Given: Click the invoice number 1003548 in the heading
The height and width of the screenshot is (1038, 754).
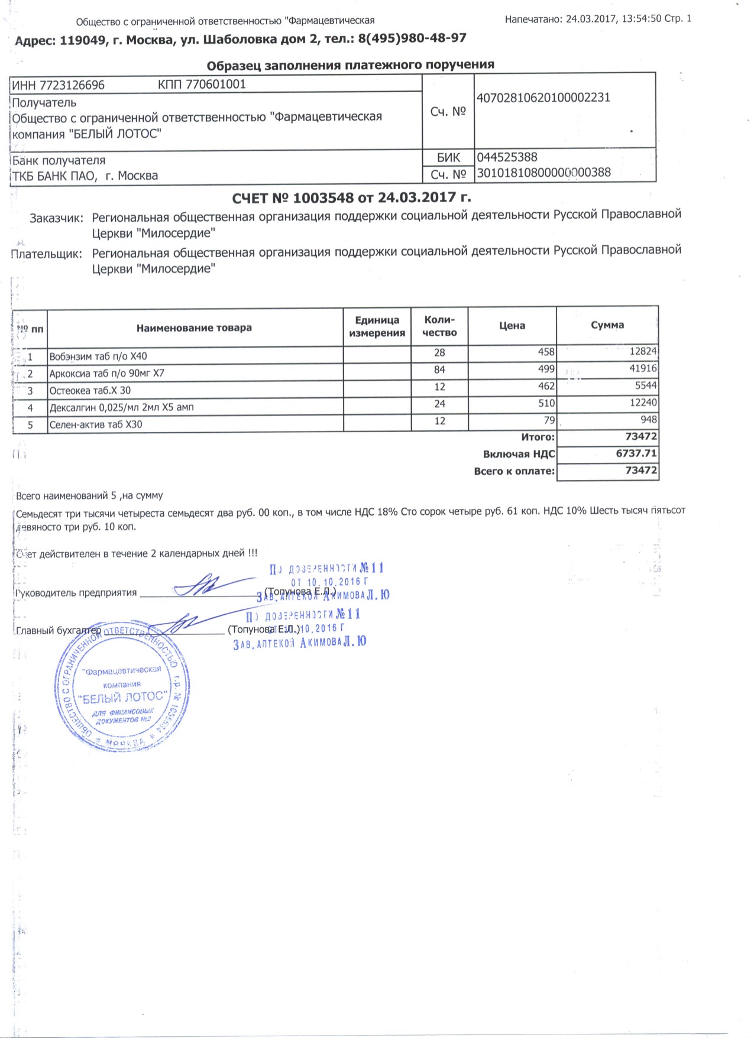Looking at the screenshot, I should (x=323, y=197).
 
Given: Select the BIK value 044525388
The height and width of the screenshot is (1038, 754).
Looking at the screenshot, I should (x=507, y=157).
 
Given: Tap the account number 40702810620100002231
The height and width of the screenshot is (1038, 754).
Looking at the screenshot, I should (x=543, y=98).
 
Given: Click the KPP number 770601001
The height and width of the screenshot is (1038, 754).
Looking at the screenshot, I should (x=215, y=84).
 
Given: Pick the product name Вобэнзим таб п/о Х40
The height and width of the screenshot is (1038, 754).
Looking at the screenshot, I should (x=98, y=356).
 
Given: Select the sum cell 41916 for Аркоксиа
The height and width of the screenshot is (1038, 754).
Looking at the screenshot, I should (x=643, y=368).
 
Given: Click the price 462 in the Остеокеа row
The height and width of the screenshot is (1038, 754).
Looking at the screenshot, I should (x=546, y=386).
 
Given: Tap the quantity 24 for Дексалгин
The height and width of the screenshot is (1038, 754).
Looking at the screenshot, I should (x=439, y=404).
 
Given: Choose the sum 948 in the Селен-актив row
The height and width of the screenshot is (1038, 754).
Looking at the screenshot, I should (x=648, y=420).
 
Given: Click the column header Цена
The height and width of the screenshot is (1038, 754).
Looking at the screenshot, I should (x=512, y=326).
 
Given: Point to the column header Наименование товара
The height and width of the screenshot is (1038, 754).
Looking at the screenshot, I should (x=194, y=328).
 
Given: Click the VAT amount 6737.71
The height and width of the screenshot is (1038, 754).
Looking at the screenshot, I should (x=636, y=453).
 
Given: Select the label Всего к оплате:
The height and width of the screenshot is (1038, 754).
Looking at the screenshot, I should (x=514, y=471).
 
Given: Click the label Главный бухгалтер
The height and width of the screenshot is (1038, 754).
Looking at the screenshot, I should (x=59, y=631).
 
